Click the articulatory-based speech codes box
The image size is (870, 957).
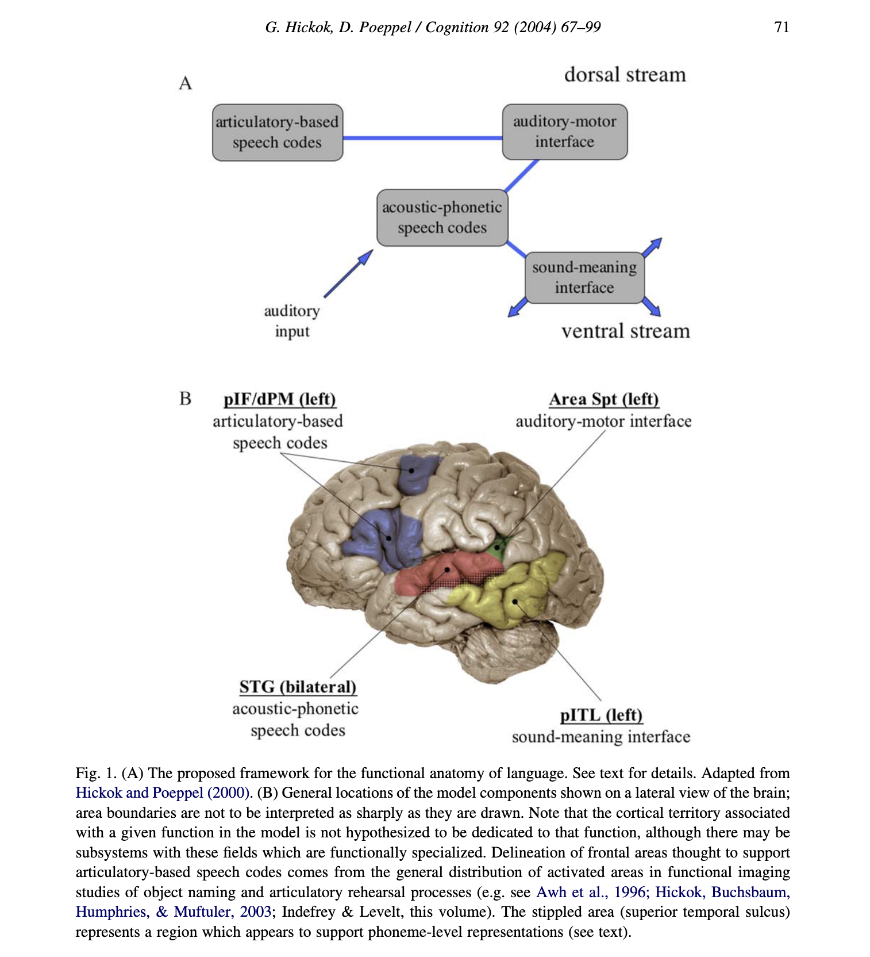pyautogui.click(x=278, y=132)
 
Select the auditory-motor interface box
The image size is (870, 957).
pyautogui.click(x=564, y=132)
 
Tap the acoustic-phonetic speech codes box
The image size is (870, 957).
pyautogui.click(x=442, y=217)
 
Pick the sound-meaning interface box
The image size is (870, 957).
pyautogui.click(x=584, y=277)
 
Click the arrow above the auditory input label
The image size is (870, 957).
pyautogui.click(x=348, y=274)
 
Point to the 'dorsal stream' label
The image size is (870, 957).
pyautogui.click(x=625, y=75)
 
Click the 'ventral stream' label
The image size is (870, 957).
pyautogui.click(x=625, y=331)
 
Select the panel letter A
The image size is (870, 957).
pyautogui.click(x=185, y=83)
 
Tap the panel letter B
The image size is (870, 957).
pyautogui.click(x=185, y=399)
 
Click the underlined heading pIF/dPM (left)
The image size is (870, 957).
pyautogui.click(x=280, y=399)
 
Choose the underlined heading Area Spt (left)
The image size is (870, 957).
pyautogui.click(x=604, y=399)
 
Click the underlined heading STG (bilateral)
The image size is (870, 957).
pyautogui.click(x=298, y=687)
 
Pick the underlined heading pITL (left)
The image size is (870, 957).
pyautogui.click(x=601, y=715)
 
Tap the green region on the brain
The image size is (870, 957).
pyautogui.click(x=498, y=546)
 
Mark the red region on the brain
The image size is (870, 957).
pyautogui.click(x=437, y=573)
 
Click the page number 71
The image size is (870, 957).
pyautogui.click(x=782, y=27)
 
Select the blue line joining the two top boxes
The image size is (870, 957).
pyautogui.click(x=422, y=138)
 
